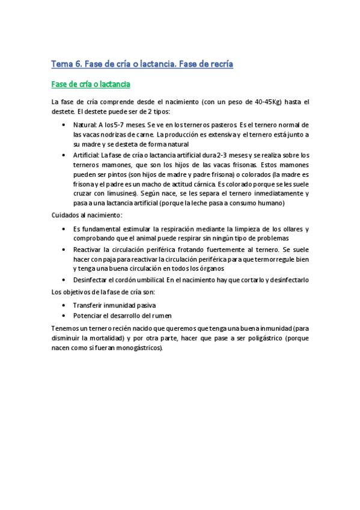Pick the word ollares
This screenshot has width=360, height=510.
(x=282, y=229)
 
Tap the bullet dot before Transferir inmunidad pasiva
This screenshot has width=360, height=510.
(x=64, y=305)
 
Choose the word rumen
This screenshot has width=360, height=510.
(x=162, y=315)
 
